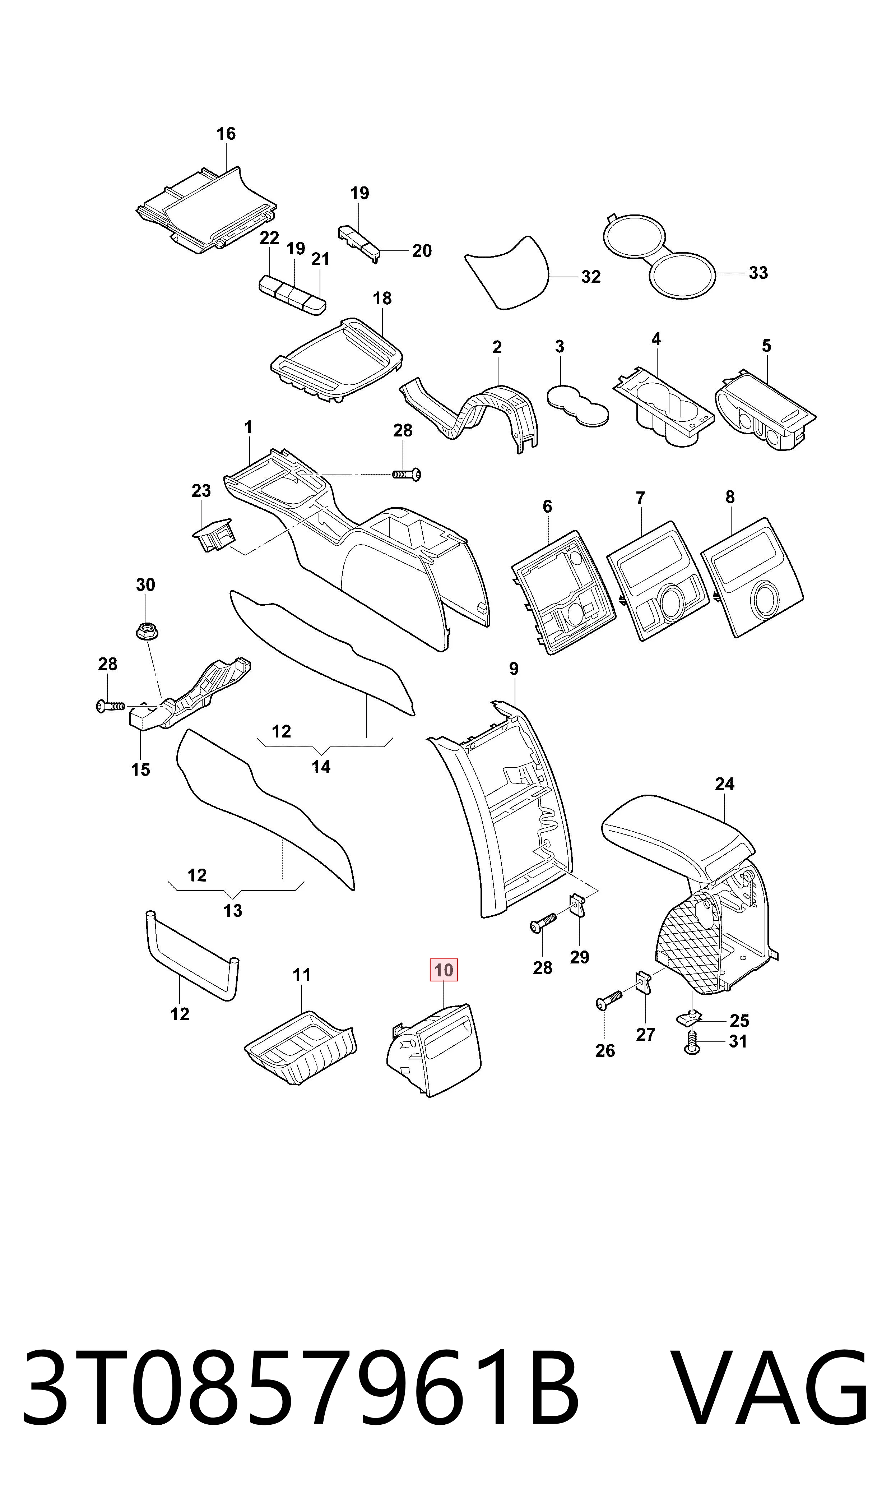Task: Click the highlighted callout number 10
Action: point(444,970)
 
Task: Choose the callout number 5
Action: point(766,346)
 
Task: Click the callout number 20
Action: point(422,251)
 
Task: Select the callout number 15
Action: point(140,770)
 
